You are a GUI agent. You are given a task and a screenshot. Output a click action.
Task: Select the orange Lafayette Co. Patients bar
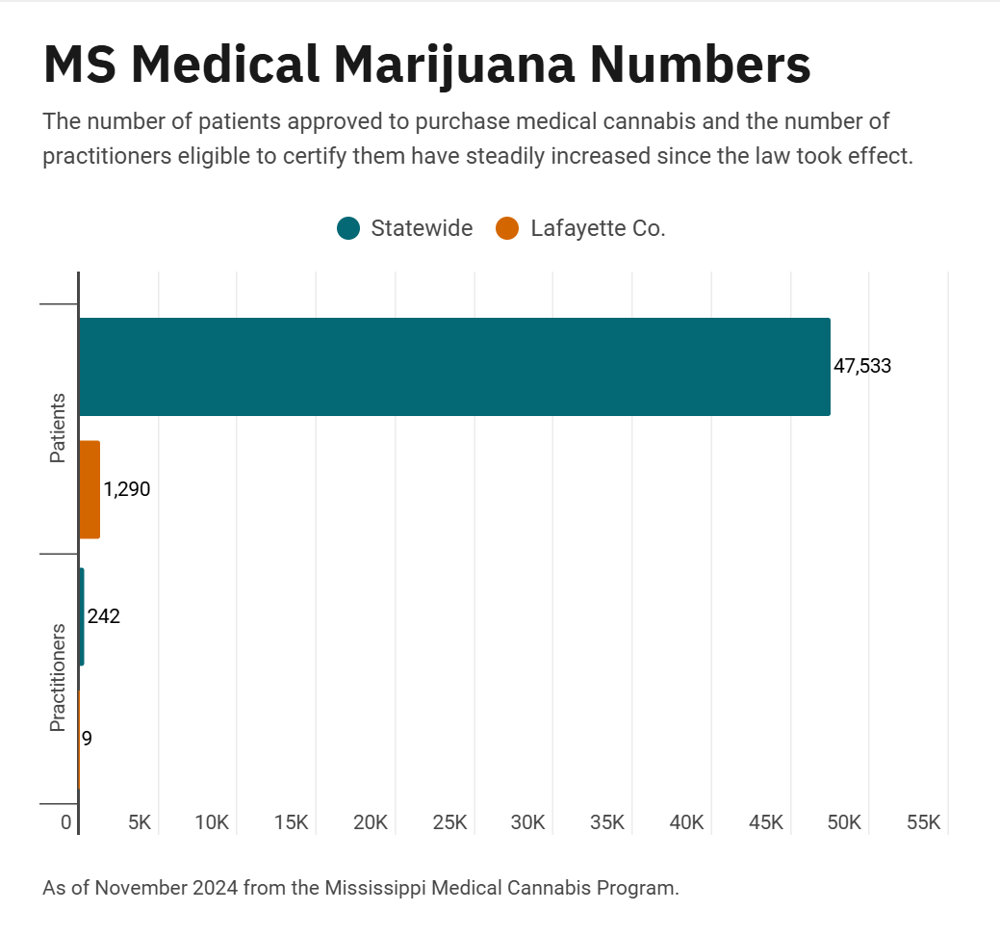90,489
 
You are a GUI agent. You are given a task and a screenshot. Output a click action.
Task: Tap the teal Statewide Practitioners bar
82,616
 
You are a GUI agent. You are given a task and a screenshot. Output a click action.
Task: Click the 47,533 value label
862,366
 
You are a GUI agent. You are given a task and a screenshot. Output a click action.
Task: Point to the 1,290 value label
127,489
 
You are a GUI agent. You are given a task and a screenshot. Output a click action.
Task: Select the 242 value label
104,616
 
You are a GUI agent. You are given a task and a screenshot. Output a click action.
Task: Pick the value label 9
87,739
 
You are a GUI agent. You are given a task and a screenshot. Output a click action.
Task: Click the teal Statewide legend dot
348,228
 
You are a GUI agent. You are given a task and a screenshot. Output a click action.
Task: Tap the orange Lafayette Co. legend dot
507,228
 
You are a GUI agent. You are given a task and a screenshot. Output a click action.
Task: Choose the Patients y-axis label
58,428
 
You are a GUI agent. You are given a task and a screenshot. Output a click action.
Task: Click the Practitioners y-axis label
58,678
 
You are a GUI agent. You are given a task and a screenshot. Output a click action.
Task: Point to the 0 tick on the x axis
66,822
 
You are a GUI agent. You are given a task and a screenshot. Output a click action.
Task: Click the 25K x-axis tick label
449,822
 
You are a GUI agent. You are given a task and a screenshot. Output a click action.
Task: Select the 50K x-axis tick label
844,822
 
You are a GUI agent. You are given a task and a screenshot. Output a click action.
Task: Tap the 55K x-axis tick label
923,822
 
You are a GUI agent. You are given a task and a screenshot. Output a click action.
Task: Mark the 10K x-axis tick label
211,822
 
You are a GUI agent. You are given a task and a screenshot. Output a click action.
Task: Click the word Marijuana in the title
453,65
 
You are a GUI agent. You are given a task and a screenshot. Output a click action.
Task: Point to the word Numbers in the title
700,65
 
